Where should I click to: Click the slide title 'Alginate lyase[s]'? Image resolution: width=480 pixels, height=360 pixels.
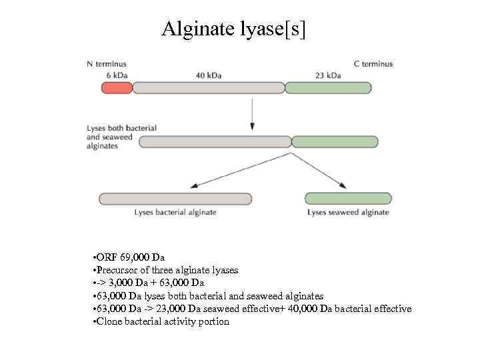point(234,29)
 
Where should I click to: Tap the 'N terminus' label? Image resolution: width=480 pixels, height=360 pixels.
point(107,64)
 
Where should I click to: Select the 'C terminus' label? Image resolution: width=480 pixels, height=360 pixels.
point(373,64)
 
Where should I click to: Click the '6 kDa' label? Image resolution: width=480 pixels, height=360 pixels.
point(117,75)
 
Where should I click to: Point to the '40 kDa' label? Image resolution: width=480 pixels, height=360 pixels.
point(209,75)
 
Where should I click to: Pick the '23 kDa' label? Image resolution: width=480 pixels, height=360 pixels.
point(327,75)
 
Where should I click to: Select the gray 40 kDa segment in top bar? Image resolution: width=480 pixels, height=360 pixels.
point(217,87)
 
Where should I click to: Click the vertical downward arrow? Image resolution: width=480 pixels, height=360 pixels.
point(252,113)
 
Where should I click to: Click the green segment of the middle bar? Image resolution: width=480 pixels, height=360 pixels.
point(325,141)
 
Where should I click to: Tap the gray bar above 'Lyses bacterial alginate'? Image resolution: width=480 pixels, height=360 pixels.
point(175,199)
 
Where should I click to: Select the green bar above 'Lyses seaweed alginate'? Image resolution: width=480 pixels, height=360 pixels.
point(347,199)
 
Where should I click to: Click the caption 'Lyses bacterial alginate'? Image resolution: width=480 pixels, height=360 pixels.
point(175,213)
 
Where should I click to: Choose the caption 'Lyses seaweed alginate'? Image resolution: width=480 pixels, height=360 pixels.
point(348,213)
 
